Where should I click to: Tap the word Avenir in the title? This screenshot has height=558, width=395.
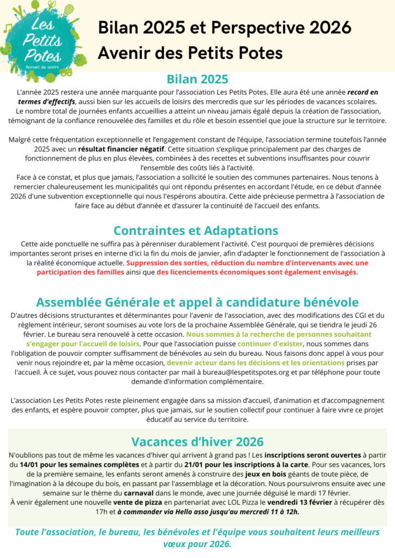pyautogui.click(x=124, y=53)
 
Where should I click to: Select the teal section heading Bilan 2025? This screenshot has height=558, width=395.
pyautogui.click(x=197, y=80)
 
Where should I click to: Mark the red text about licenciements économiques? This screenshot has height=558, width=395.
pyautogui.click(x=258, y=272)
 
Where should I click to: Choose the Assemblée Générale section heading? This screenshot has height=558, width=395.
pyautogui.click(x=197, y=302)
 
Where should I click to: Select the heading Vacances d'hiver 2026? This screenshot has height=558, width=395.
pyautogui.click(x=197, y=441)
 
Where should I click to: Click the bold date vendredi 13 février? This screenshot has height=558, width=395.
pyautogui.click(x=312, y=502)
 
